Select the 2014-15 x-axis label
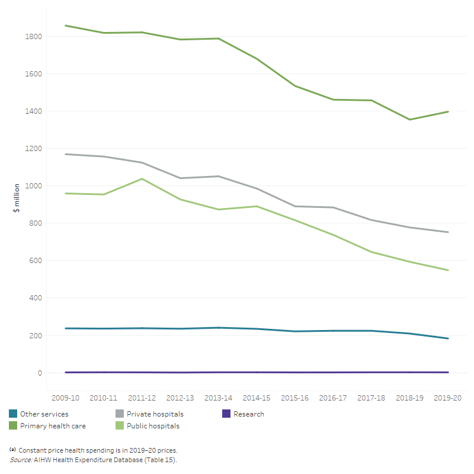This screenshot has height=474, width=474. click(x=257, y=399)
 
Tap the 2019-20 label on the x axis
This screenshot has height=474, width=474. click(x=448, y=399)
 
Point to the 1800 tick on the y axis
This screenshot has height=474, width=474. click(x=34, y=37)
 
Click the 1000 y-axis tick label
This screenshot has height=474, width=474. click(x=34, y=186)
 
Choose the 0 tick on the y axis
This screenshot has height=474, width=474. click(x=40, y=373)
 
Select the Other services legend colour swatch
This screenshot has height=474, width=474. click(x=13, y=414)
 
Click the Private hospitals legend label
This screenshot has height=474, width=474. click(x=149, y=414)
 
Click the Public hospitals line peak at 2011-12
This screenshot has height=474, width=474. click(x=142, y=179)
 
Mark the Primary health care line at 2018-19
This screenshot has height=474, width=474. click(x=410, y=120)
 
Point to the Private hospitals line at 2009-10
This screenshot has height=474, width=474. click(x=65, y=154)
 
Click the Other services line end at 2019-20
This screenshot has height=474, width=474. click(x=448, y=338)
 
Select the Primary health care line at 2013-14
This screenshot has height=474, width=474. click(x=219, y=39)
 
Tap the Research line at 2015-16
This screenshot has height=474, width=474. click(x=295, y=372)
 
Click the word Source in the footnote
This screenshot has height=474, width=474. click(x=21, y=460)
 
